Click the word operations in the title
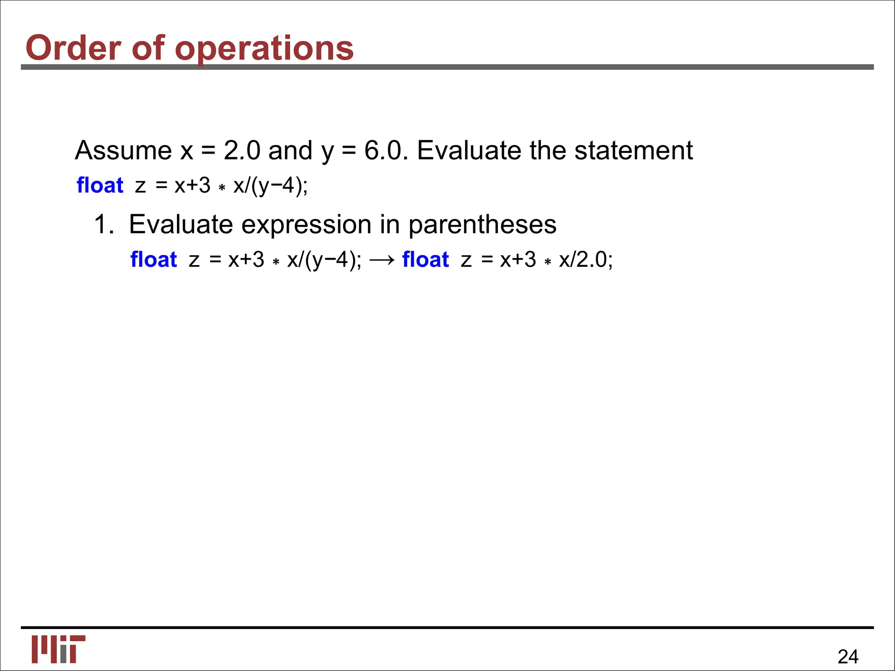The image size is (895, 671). (x=264, y=48)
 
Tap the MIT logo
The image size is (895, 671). (x=58, y=649)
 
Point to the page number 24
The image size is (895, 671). (x=848, y=657)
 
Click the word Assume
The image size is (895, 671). (x=123, y=151)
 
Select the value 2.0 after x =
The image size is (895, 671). (x=242, y=151)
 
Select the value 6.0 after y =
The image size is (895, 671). (x=383, y=151)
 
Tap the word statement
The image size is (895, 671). (x=633, y=151)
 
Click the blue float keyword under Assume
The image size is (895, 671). (x=100, y=185)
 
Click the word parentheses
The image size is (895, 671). (x=482, y=225)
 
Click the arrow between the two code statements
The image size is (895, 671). (x=382, y=260)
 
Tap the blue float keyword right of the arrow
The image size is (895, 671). (x=425, y=259)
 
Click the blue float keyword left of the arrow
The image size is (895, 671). (x=153, y=259)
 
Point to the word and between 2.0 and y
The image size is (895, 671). (x=290, y=151)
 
